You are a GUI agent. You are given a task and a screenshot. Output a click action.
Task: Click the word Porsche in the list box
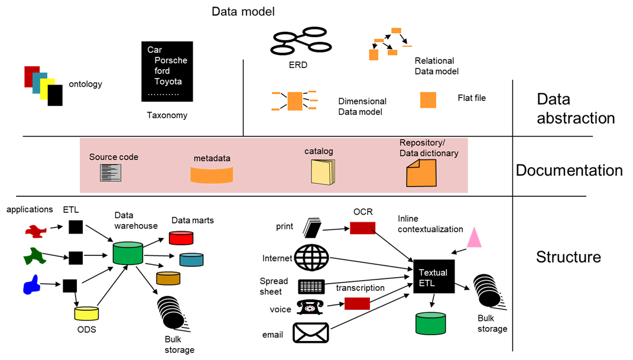(x=170, y=60)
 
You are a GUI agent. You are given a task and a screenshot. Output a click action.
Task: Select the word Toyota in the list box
(x=168, y=82)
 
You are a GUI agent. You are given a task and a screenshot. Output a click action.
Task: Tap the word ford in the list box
(x=162, y=71)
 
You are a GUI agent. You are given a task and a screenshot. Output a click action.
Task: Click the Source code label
(x=113, y=157)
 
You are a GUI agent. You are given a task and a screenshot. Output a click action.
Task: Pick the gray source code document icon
(x=111, y=173)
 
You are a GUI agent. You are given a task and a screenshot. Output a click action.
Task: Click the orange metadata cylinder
(x=212, y=174)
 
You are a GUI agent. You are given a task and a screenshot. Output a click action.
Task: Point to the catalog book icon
(x=323, y=172)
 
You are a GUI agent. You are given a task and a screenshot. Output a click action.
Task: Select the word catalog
(x=319, y=151)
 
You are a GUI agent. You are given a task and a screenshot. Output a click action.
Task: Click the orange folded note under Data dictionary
(x=421, y=174)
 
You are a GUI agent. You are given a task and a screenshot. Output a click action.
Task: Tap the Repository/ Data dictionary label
(x=429, y=148)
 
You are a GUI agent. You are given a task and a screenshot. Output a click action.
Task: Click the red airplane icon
(x=35, y=231)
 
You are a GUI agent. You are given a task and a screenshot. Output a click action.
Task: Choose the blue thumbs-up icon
(x=31, y=285)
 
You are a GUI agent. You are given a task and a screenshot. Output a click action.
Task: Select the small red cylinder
(x=181, y=238)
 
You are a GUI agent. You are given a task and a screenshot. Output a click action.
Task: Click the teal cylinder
(x=191, y=260)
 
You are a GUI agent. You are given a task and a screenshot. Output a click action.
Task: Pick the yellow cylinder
(x=86, y=313)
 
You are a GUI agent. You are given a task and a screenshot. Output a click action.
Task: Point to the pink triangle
(x=474, y=237)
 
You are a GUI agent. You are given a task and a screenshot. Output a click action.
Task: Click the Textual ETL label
(x=433, y=278)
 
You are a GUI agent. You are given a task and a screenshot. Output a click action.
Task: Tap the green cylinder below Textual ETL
(x=430, y=324)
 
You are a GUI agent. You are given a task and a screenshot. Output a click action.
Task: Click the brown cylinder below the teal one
(x=168, y=278)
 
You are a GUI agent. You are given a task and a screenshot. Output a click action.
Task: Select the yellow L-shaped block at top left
(x=47, y=87)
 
